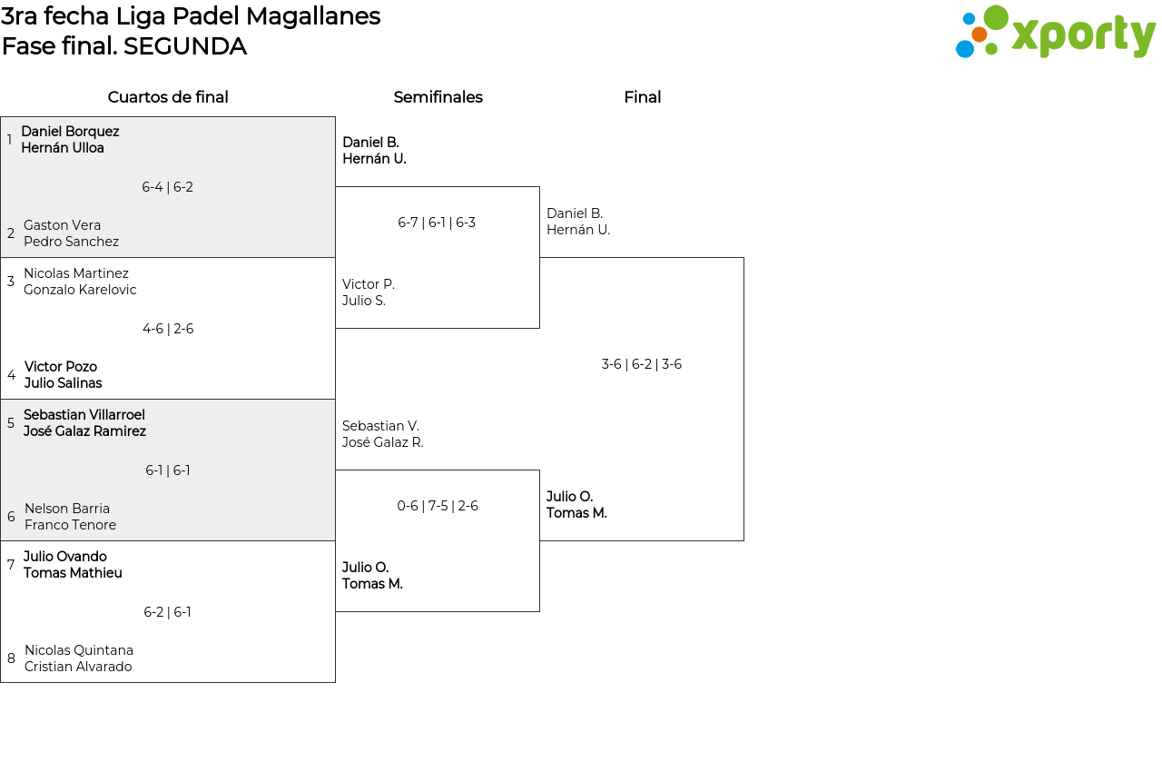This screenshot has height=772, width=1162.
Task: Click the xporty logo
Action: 1055,32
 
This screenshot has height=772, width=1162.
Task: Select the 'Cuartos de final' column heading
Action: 168,97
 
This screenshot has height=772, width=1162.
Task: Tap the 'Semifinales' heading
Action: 438,97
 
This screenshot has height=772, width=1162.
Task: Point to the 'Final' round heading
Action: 642,97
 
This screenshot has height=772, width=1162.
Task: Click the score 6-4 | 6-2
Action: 168,187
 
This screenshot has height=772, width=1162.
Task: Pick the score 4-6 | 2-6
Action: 168,329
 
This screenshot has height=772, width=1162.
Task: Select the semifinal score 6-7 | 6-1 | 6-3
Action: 437,223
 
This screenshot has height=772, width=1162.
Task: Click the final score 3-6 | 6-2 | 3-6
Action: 642,364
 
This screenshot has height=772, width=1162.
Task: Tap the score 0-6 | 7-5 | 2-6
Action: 438,506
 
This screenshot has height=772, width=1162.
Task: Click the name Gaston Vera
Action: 63,225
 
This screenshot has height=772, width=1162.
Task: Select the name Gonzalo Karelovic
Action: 80,290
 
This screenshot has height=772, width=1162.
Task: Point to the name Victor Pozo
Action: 61,367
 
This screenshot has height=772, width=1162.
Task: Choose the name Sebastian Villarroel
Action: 84,415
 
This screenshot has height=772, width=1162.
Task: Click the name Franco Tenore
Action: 71,525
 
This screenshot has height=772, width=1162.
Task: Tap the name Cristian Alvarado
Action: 78,667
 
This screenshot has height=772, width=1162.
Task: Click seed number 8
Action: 12,658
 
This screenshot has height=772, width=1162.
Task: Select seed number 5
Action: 11,423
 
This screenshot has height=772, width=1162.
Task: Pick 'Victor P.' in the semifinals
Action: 369,284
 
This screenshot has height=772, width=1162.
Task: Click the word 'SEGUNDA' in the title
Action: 185,46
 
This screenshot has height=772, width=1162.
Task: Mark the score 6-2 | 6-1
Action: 167,612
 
